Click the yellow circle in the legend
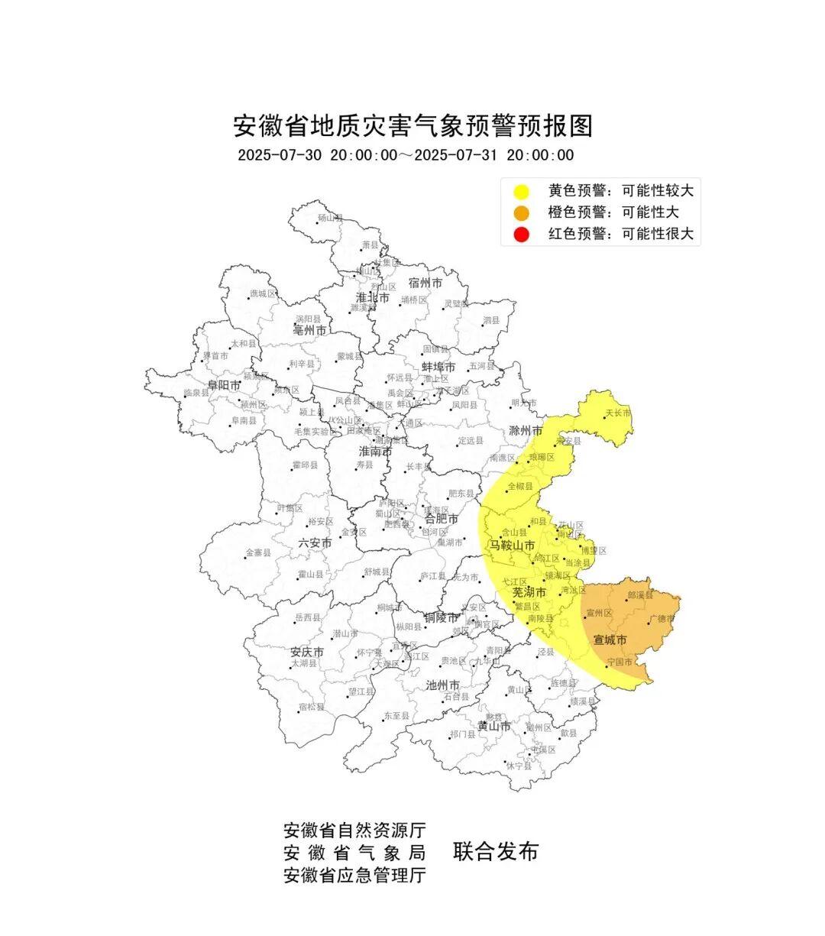(522, 191)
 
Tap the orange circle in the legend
(522, 212)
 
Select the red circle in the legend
(522, 234)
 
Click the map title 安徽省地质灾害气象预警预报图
(412, 125)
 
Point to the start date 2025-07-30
(280, 155)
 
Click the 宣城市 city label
(610, 640)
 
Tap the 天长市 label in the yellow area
(618, 413)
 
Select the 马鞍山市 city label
(512, 546)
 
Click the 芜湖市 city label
(529, 592)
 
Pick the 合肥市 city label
(442, 519)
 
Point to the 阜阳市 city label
(224, 386)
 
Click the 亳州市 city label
(309, 331)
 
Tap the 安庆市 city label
(307, 653)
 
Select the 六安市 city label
(315, 543)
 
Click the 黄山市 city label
(493, 726)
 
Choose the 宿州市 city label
(425, 283)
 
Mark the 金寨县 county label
(258, 552)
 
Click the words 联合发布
(496, 851)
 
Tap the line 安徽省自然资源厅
(354, 830)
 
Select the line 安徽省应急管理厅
(354, 875)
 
